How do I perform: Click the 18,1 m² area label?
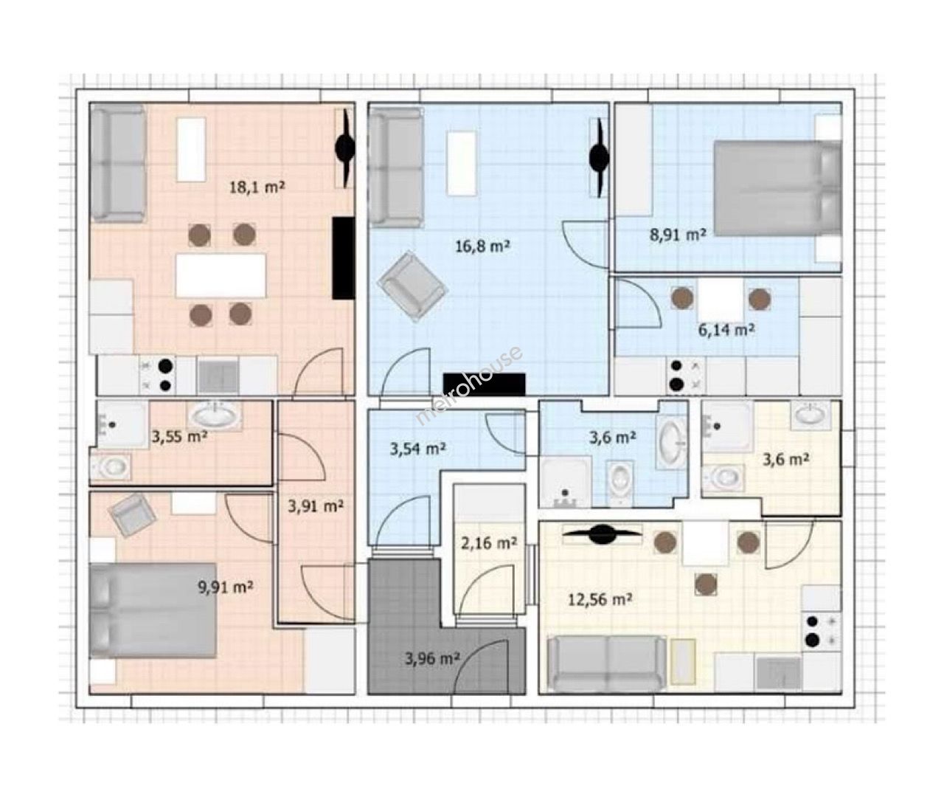pos(257,187)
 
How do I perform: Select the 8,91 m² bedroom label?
pos(678,235)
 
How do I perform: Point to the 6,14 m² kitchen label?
pos(726,330)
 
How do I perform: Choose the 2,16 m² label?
pos(489,543)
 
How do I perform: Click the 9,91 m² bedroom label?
pos(225,587)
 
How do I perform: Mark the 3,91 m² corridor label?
pos(316,506)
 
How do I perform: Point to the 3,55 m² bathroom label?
pos(179,437)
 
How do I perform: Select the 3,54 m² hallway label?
pos(417,449)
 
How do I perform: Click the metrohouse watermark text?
pos(469,386)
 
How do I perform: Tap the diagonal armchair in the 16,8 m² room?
pos(413,286)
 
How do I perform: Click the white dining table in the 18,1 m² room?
pos(221,275)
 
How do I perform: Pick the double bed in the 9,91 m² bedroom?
pos(153,610)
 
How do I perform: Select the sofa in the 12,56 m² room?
pos(607,663)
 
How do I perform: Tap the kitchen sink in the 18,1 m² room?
pos(218,376)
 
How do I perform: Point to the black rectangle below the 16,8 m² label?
pos(485,384)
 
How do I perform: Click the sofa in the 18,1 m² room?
pos(119,163)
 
